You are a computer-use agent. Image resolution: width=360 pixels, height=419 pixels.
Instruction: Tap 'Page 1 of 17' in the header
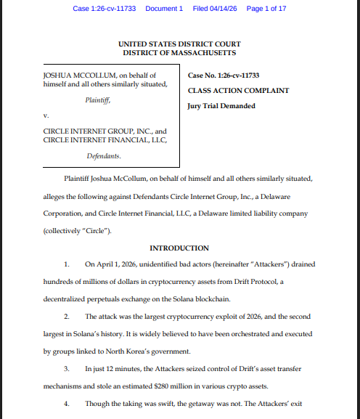tap(266, 9)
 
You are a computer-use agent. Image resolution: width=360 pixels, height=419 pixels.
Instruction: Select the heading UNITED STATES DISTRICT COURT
tap(179, 44)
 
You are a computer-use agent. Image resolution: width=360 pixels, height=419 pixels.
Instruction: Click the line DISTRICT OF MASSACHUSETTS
tap(179, 53)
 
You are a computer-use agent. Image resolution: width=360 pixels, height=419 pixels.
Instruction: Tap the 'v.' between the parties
tap(46, 115)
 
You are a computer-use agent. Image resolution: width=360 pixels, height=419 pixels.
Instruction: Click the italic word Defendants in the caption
tap(103, 156)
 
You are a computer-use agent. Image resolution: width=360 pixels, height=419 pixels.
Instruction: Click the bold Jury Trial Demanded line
tap(221, 106)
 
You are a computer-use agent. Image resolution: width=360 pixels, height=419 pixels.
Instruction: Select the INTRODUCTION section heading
tap(179, 248)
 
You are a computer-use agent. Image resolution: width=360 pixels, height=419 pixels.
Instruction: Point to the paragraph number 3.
tap(66, 370)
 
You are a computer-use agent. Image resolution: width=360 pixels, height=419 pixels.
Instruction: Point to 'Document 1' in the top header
tap(165, 9)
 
